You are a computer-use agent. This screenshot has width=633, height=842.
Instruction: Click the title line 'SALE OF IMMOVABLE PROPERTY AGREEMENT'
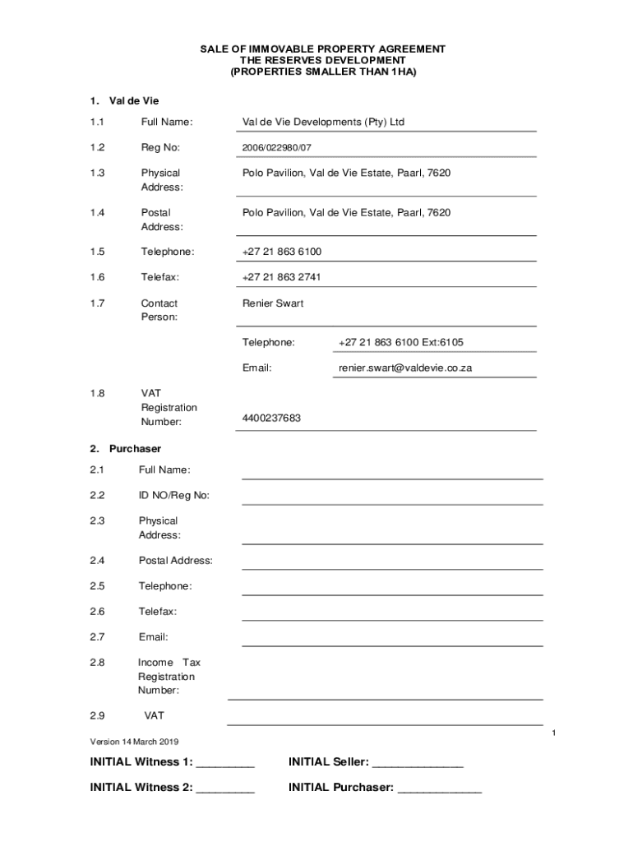(323, 49)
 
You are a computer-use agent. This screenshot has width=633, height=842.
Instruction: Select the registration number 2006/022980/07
(277, 148)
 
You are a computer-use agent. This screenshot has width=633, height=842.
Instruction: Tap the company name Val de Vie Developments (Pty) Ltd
(323, 123)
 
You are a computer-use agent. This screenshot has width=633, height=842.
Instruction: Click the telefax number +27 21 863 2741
(281, 277)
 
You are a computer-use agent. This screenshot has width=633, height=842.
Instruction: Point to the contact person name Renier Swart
(273, 303)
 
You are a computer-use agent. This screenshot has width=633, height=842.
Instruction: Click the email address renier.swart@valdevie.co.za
(405, 368)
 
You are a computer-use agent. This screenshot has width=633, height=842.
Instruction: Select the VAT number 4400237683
(271, 419)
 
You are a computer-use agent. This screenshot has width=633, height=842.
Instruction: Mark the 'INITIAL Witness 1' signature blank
(226, 765)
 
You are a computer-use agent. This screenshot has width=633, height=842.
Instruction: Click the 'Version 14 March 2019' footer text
(134, 742)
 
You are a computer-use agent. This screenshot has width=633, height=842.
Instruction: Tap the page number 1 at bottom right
(555, 733)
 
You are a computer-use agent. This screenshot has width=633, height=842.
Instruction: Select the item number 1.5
(98, 252)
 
